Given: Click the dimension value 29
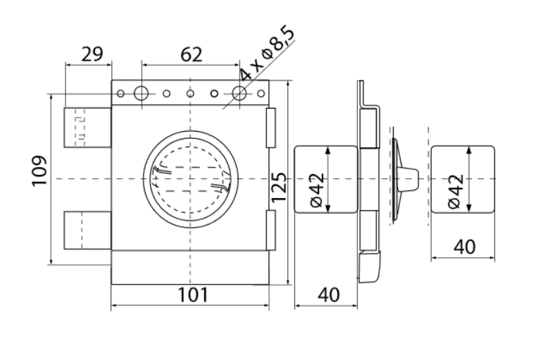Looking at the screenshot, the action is pyautogui.click(x=92, y=54).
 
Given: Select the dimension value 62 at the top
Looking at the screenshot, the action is pyautogui.click(x=191, y=55).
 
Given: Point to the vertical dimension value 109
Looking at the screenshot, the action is pyautogui.click(x=39, y=170).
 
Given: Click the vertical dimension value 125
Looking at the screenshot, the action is pyautogui.click(x=279, y=187).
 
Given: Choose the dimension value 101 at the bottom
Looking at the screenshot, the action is pyautogui.click(x=193, y=294).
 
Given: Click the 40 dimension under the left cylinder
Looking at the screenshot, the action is pyautogui.click(x=329, y=294).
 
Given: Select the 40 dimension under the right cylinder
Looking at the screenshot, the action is pyautogui.click(x=464, y=247).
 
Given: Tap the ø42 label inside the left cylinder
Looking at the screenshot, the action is pyautogui.click(x=317, y=190).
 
